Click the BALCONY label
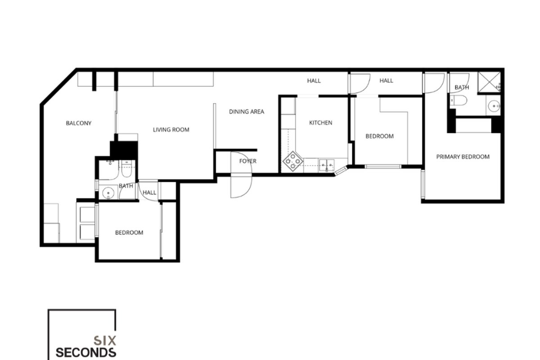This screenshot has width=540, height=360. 79,123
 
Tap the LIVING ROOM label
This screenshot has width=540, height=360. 171,130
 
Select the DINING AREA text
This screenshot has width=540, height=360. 247,112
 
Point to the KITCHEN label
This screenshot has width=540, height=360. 320,123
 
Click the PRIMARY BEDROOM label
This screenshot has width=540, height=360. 463,157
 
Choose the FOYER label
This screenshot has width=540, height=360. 248,161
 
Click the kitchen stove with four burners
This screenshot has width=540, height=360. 293,161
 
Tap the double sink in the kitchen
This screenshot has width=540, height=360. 327,165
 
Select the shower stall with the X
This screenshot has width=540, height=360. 490,82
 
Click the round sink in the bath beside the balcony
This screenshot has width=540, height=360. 108,193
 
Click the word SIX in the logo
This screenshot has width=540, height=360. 105,341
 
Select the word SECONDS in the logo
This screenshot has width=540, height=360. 86,352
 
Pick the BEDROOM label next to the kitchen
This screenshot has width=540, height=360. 379,136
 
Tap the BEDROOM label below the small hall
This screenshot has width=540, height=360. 129,233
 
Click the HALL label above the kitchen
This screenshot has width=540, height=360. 314,81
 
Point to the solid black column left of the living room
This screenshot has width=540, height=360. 124,150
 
